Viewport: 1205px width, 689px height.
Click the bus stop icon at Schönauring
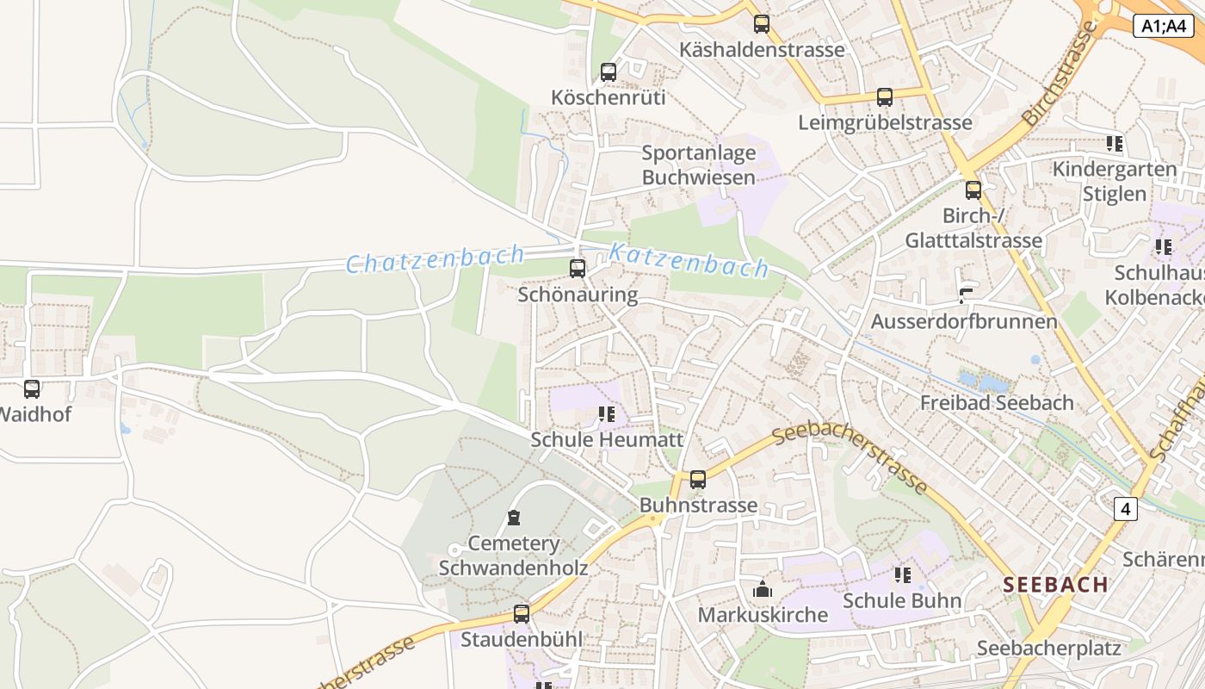tap(578, 269)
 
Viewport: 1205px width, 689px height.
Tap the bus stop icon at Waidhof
tap(32, 389)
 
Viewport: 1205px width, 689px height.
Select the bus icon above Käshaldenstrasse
tap(762, 24)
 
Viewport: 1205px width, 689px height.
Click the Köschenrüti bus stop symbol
tap(609, 72)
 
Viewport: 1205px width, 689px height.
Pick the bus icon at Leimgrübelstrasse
tap(885, 97)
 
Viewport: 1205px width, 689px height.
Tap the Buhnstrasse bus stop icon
tap(698, 480)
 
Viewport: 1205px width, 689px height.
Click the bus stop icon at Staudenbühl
tap(522, 614)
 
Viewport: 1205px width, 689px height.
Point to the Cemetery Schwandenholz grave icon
tap(514, 518)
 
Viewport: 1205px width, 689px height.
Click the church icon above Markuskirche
tap(763, 590)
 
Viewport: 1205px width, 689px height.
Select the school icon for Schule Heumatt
tap(607, 415)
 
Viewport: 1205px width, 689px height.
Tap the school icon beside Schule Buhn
tap(902, 574)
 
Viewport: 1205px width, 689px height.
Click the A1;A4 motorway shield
tap(1163, 27)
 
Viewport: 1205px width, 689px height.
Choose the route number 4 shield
tap(1125, 509)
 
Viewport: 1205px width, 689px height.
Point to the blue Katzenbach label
tap(689, 260)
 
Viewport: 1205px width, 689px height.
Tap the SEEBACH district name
tap(1055, 585)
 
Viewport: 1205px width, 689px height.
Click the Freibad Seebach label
tap(997, 402)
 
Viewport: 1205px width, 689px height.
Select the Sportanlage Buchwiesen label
tap(699, 165)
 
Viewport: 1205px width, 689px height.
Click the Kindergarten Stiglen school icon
tap(1115, 144)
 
